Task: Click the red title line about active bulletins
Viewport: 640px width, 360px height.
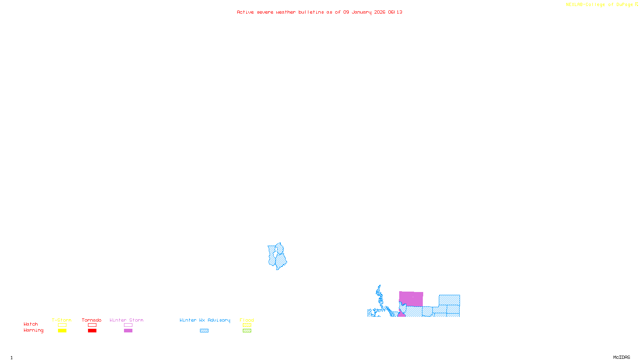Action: pos(319,12)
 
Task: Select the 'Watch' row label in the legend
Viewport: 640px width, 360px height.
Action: pos(31,324)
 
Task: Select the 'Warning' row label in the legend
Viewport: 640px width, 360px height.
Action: pos(34,330)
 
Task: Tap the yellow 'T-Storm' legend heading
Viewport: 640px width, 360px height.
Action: pos(62,320)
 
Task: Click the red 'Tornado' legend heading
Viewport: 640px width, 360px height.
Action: pos(92,320)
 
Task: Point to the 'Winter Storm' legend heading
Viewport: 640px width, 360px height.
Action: pos(126,320)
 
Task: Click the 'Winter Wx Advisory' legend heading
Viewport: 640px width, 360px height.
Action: pos(205,320)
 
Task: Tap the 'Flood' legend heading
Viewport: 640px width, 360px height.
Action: pos(247,320)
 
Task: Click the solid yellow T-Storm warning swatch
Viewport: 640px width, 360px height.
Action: pos(62,331)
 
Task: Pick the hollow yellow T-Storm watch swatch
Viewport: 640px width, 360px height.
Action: pos(62,325)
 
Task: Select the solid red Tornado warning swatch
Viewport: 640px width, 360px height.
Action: pos(92,331)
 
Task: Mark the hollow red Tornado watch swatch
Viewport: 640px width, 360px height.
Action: pos(92,325)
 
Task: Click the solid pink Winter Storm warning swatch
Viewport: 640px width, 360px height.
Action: pos(128,331)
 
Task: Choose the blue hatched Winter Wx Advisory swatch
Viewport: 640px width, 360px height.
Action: pos(204,331)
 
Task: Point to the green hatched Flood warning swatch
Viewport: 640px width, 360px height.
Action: pos(247,331)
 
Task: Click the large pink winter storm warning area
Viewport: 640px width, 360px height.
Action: pos(411,299)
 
